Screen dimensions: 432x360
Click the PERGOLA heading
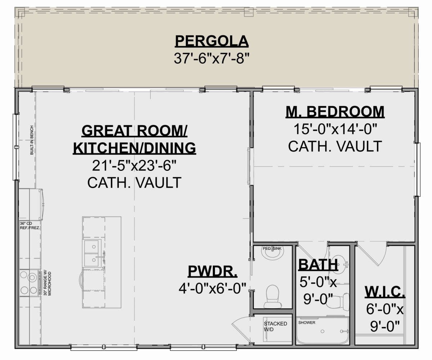click(x=212, y=41)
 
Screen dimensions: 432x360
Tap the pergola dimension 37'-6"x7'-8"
click(x=212, y=58)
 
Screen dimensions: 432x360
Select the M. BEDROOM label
click(x=335, y=112)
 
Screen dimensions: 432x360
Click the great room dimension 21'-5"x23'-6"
click(x=134, y=165)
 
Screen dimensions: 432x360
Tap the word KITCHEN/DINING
click(x=135, y=148)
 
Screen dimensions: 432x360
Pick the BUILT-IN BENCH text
click(x=32, y=140)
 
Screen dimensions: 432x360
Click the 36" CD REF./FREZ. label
click(x=30, y=225)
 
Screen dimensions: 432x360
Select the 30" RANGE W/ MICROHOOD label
click(x=48, y=283)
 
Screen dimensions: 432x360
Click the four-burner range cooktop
click(x=29, y=283)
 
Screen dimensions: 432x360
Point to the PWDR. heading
click(x=212, y=271)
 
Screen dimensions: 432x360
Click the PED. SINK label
click(x=272, y=249)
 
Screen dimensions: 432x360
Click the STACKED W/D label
click(x=275, y=326)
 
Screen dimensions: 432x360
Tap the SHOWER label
click(x=307, y=323)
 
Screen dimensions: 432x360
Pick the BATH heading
click(x=318, y=265)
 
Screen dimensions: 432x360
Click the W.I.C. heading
click(x=385, y=292)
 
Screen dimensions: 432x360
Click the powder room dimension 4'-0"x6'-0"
click(x=212, y=288)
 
